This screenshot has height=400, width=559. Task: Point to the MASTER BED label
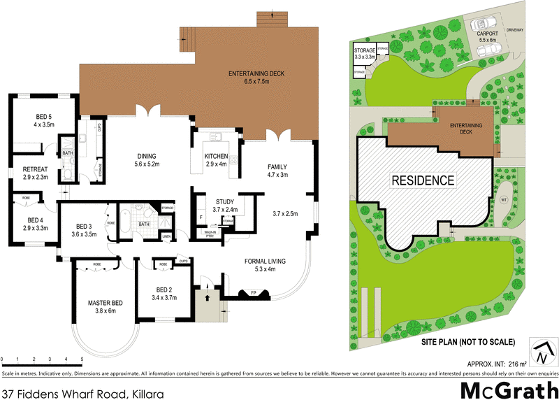click(x=106, y=303)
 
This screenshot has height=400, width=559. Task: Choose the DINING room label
click(x=147, y=156)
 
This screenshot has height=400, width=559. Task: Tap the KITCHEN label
click(x=215, y=156)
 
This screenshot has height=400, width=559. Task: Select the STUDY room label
click(x=224, y=201)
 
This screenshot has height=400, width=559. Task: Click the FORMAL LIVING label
click(x=266, y=262)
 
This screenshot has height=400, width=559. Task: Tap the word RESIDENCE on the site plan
click(x=423, y=180)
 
